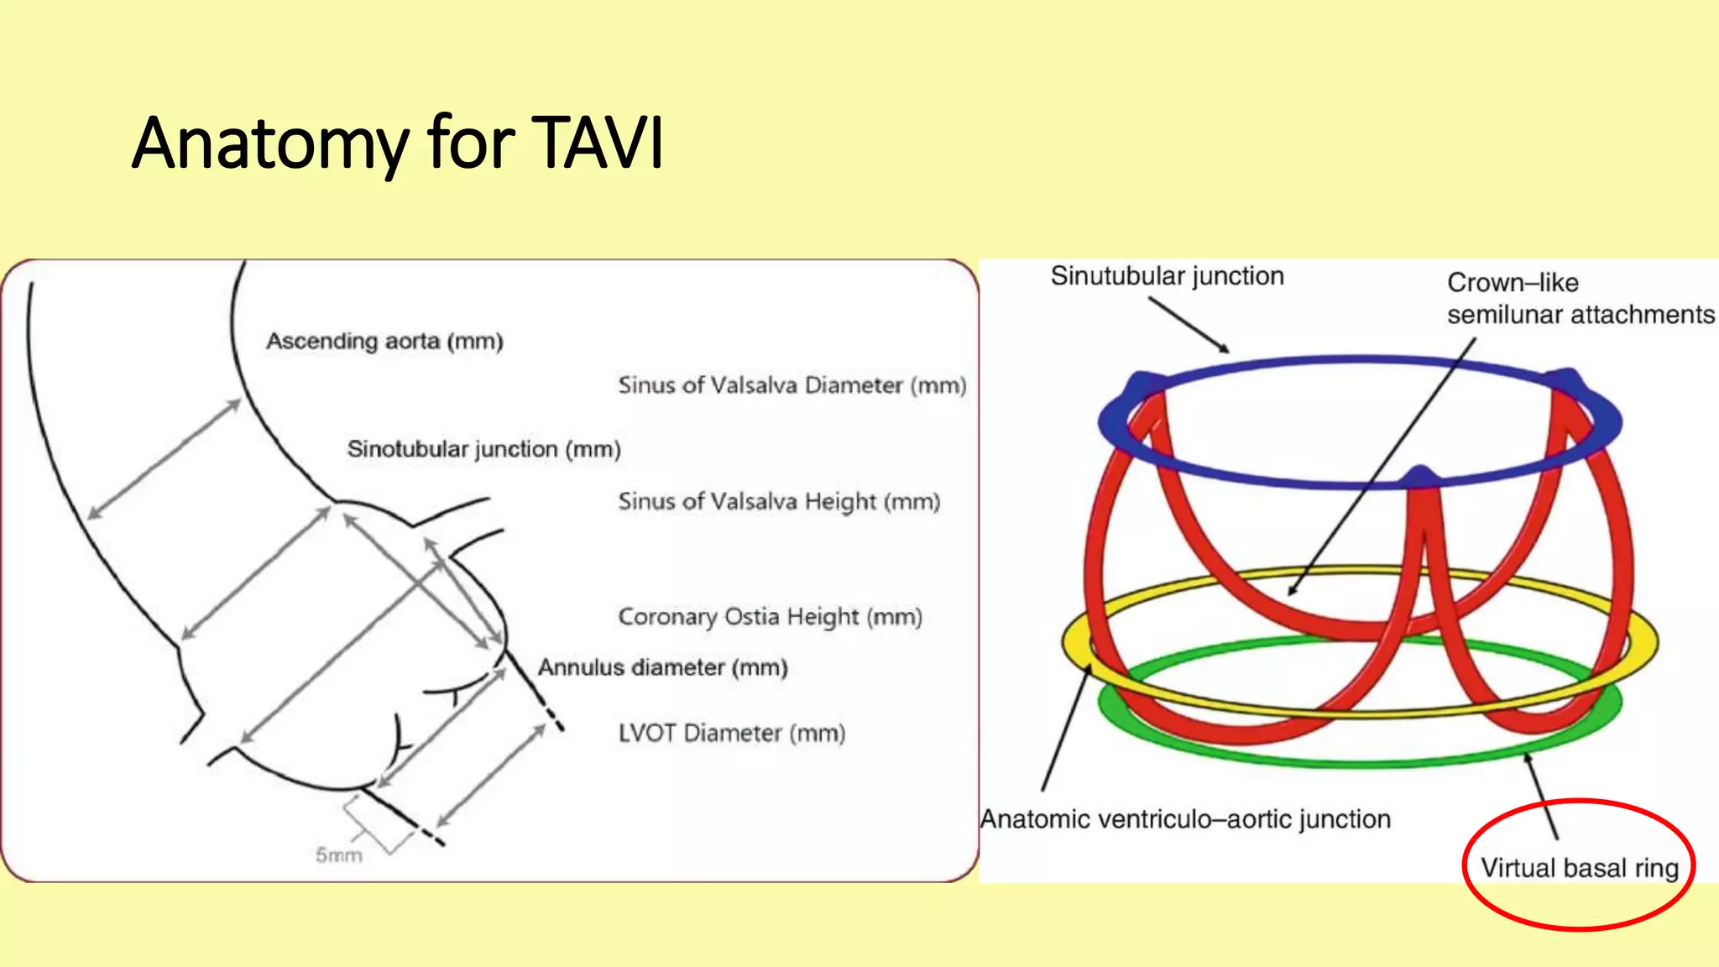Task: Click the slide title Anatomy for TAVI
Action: pos(397,143)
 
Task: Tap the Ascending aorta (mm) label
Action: pos(384,342)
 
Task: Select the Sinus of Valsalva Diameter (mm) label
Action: pos(792,385)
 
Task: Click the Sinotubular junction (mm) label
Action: pos(483,449)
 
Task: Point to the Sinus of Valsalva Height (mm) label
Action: pos(778,501)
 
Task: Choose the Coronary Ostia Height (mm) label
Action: pos(770,617)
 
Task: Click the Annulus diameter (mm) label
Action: pos(662,667)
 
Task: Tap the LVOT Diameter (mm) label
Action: pos(731,733)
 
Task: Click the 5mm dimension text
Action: pos(338,855)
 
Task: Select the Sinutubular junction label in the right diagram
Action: pos(1167,276)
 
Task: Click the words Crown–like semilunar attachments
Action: pos(1579,299)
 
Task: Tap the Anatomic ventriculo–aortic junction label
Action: pos(1185,818)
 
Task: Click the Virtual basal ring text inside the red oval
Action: pos(1579,867)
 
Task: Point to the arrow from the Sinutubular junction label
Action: pos(1189,326)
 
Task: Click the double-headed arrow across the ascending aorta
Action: pos(165,460)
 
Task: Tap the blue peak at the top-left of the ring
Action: pos(1141,384)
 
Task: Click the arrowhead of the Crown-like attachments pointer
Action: pos(1293,589)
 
